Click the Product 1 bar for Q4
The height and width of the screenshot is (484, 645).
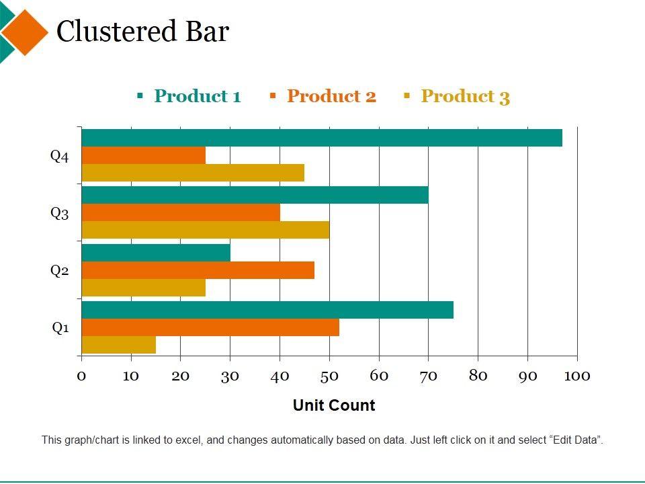coord(321,138)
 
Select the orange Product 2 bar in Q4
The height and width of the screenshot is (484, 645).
coord(143,155)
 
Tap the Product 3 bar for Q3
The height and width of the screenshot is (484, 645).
coord(205,230)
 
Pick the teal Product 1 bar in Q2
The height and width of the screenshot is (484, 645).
coord(155,253)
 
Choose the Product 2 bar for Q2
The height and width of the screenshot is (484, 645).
coord(198,270)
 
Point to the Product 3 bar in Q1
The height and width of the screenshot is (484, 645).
coord(118,345)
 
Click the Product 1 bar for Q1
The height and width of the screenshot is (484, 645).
coord(267,310)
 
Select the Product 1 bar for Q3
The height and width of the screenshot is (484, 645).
coord(255,195)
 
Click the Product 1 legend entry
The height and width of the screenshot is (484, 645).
coord(196,96)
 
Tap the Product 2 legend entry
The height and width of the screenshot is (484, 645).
coord(331,96)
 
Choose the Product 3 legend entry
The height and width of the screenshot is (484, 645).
coord(465,96)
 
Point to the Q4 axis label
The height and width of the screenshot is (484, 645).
coord(60,157)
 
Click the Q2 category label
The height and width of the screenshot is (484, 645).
coord(60,271)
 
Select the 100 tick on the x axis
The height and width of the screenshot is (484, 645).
coord(576,376)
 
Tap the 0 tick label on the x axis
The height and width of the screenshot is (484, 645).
coord(81,376)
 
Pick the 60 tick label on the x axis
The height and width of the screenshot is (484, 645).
coord(379,376)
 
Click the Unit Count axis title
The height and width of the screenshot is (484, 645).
coord(334,405)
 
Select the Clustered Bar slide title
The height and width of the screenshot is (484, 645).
coord(142,32)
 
